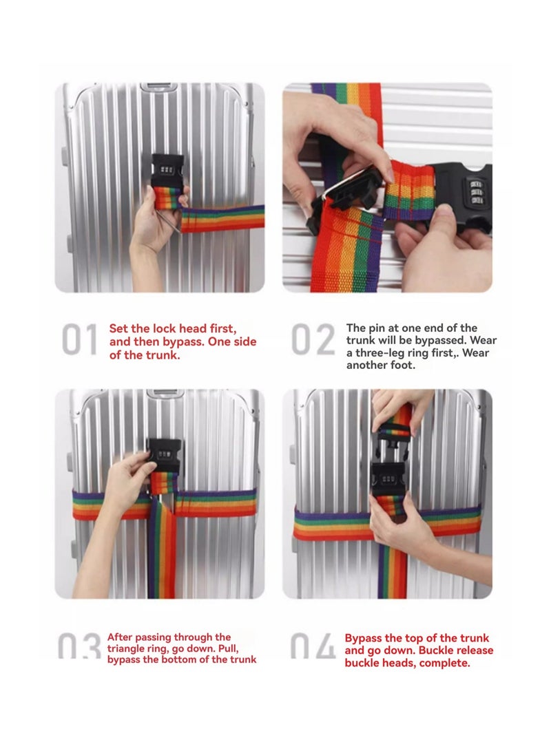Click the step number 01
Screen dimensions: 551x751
coord(79,339)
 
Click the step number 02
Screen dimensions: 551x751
coord(313,339)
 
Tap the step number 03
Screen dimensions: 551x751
coord(79,646)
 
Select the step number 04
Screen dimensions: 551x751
coord(313,646)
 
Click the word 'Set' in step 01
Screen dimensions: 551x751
coord(119,328)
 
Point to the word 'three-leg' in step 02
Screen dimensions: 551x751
coord(380,353)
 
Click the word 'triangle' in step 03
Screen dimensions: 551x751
coord(127,649)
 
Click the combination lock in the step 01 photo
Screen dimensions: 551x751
coord(167,171)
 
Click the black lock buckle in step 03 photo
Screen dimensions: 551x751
coord(165,456)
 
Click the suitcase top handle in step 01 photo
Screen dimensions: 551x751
coord(158,87)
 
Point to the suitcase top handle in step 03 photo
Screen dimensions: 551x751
coord(166,393)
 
